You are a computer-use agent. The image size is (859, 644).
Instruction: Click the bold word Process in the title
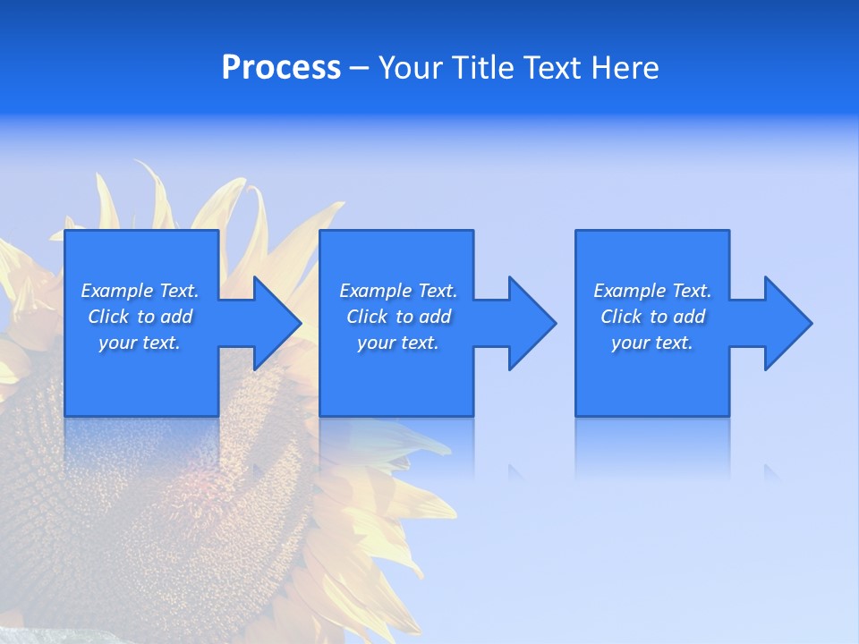(281, 68)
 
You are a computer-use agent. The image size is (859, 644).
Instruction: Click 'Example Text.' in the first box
(140, 291)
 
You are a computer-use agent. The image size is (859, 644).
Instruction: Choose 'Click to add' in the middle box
(398, 317)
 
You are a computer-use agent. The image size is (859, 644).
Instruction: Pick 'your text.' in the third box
(651, 343)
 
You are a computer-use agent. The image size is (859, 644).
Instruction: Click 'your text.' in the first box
(140, 343)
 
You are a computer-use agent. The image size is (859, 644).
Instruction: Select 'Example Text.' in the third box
(652, 291)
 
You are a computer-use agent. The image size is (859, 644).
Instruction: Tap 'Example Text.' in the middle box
(398, 291)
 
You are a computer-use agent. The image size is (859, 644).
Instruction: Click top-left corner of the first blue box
(66, 232)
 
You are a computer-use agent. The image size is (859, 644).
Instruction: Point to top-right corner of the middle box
(472, 232)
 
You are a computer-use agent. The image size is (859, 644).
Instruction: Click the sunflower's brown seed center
(134, 501)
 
